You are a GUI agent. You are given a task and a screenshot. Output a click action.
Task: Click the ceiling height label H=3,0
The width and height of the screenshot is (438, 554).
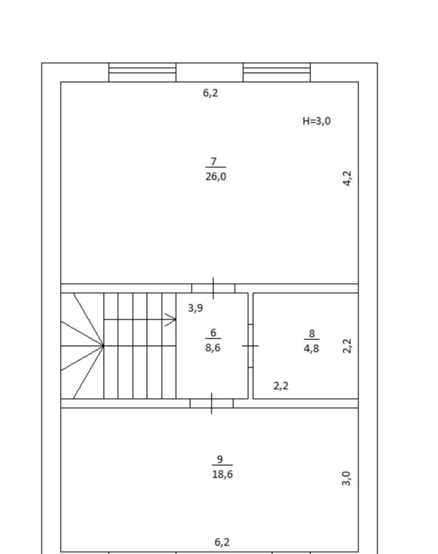coord(316,121)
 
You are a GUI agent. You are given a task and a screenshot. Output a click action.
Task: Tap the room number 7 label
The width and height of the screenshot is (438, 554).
coord(214,161)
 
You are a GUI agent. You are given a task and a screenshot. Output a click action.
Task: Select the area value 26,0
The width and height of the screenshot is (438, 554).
coord(216,177)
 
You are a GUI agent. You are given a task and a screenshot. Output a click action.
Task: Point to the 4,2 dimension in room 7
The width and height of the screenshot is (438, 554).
coord(347,178)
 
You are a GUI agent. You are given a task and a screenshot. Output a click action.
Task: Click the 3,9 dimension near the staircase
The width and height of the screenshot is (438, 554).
coord(195,308)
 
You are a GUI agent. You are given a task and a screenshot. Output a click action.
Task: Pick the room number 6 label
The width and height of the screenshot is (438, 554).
coord(213,333)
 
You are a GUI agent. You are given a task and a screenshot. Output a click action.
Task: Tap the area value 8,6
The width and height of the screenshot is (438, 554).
coord(213,348)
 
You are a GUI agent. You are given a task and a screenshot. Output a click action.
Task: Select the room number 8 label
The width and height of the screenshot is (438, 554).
coord(312,333)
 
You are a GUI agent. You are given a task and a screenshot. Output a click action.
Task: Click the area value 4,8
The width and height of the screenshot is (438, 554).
coord(311,348)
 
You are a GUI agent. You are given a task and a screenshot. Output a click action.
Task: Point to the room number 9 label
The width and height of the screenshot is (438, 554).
coord(220,459)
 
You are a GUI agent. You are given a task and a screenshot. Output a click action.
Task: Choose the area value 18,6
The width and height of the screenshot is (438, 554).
coord(222,474)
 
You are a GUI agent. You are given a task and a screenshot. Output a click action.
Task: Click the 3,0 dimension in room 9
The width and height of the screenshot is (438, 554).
coord(346,478)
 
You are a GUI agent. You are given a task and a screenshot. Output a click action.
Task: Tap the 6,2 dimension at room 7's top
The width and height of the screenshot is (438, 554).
coord(210,93)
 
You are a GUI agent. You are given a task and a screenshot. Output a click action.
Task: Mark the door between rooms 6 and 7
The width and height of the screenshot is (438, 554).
coord(213,288)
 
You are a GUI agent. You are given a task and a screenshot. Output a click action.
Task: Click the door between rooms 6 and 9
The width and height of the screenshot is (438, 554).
coord(212,403)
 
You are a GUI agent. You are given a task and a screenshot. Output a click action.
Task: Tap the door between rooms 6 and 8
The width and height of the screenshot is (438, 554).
coord(250,346)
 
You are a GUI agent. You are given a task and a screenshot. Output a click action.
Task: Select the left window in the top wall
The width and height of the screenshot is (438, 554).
coord(142,72)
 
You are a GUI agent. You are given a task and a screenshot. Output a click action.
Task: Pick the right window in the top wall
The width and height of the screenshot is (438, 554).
coord(277,72)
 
